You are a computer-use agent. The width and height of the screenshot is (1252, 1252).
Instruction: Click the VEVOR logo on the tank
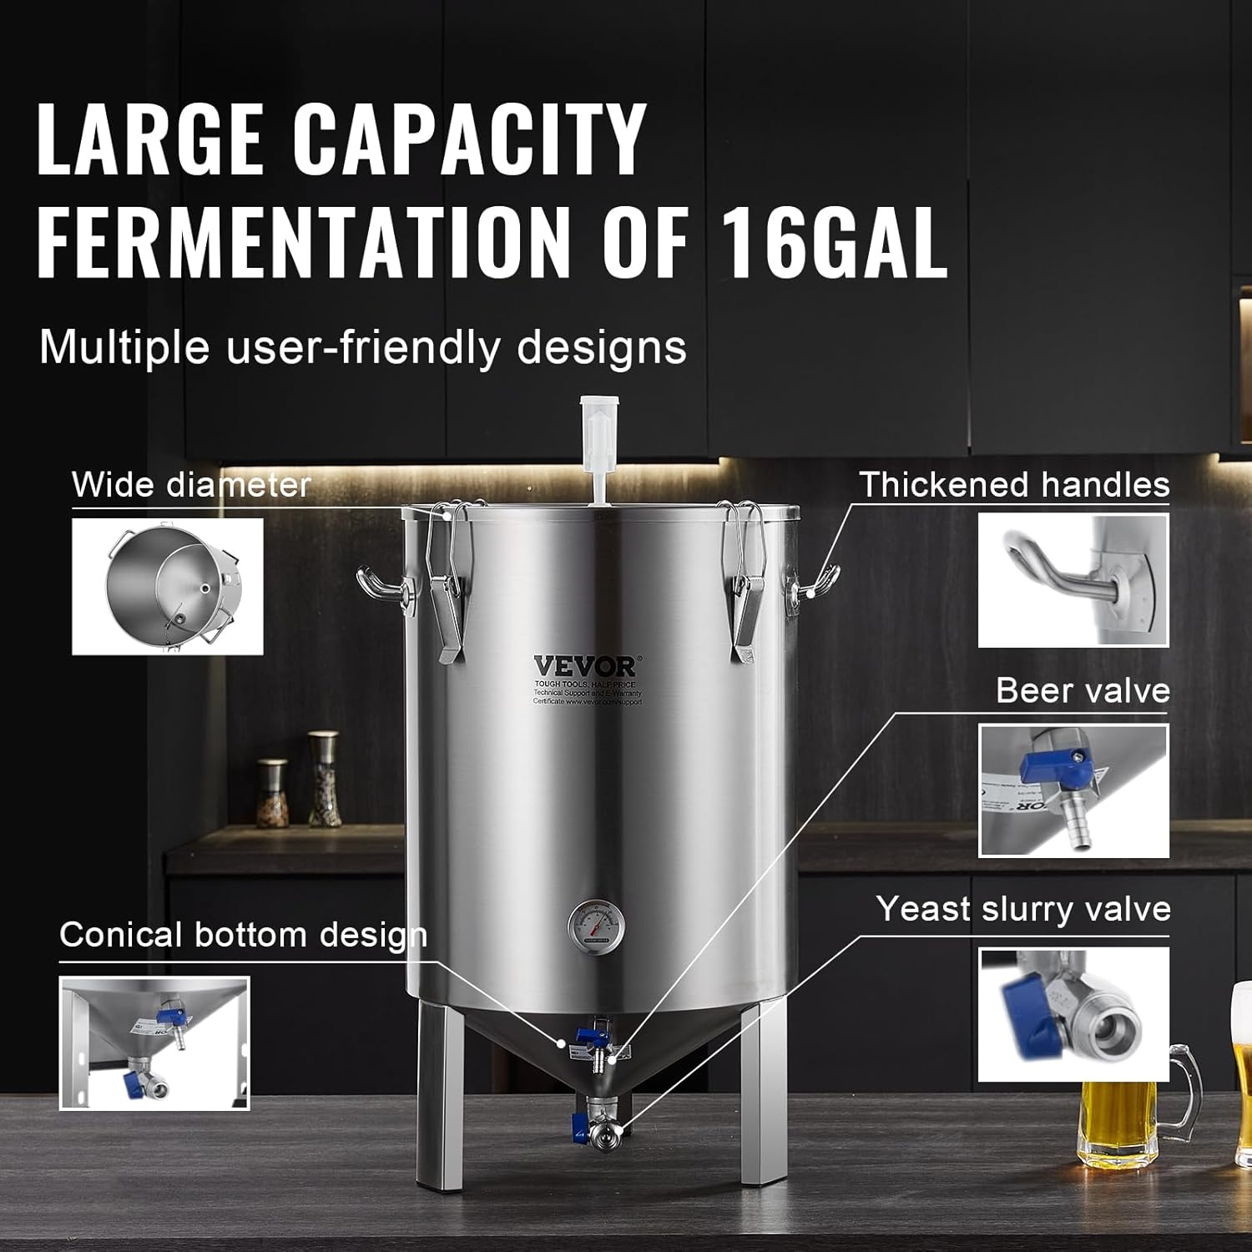[x=585, y=667]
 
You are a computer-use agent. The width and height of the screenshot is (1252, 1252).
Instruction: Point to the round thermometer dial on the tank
[x=596, y=933]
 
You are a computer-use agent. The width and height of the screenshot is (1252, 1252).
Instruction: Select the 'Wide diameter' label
[x=191, y=485]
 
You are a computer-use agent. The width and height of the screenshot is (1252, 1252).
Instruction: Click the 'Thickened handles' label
[x=1014, y=485]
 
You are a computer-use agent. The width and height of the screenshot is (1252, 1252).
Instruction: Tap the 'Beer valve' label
[x=1083, y=691]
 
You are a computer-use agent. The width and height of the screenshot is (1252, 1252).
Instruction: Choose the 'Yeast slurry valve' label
[x=1023, y=909]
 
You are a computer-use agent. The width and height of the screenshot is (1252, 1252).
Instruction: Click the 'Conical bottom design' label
[x=243, y=935]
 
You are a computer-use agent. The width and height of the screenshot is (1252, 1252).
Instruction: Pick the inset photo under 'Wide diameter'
[x=167, y=586]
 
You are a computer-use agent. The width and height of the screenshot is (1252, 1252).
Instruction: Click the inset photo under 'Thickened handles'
[x=1073, y=580]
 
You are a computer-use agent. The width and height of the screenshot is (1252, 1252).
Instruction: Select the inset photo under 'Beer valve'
[x=1073, y=790]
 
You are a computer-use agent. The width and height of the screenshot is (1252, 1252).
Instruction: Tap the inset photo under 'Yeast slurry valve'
[x=1073, y=1014]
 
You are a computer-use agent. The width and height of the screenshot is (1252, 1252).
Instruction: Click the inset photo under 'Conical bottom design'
[x=154, y=1043]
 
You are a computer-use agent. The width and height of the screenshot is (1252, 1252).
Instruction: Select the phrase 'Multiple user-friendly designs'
[x=363, y=347]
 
